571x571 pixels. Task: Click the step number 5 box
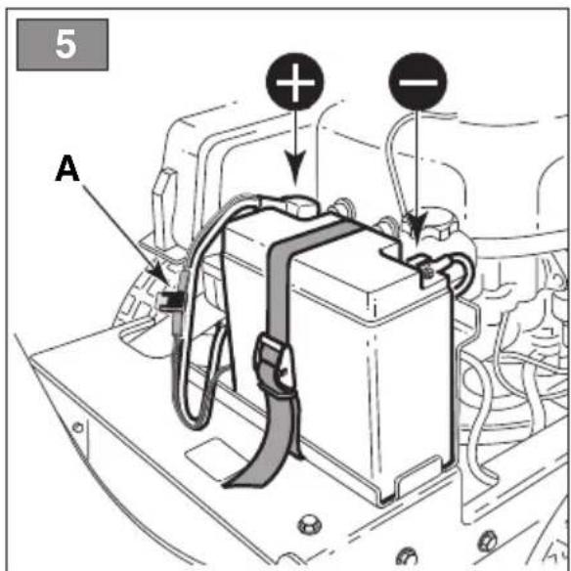(x=63, y=44)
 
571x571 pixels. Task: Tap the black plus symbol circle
(x=295, y=81)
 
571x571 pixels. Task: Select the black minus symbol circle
(x=418, y=81)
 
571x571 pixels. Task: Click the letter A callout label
(x=67, y=168)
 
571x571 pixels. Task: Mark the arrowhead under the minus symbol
(x=417, y=228)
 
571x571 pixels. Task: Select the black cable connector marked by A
(x=170, y=301)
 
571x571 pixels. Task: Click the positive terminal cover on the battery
(x=299, y=206)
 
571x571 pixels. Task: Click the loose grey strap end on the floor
(x=255, y=469)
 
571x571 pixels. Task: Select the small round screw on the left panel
(x=78, y=427)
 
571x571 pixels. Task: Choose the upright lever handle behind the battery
(x=164, y=207)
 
